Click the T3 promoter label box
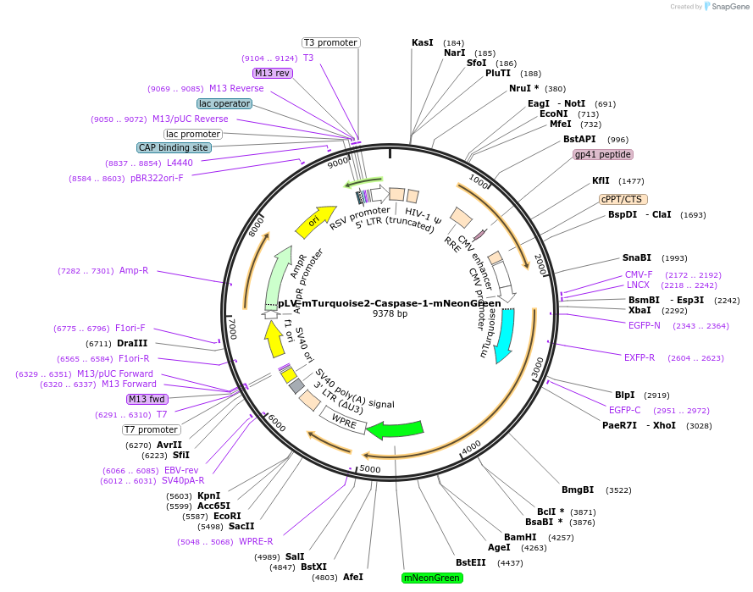(331, 42)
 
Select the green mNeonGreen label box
(433, 578)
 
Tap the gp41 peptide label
(603, 154)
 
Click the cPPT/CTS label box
(623, 199)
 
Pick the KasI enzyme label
(422, 42)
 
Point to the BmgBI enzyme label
(578, 490)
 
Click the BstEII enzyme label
(471, 562)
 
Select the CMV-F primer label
(639, 274)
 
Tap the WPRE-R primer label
(256, 542)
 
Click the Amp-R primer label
(134, 270)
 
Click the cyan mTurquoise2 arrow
(506, 335)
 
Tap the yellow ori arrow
(315, 221)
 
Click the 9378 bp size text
(390, 313)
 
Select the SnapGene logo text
(729, 7)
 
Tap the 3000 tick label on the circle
(537, 369)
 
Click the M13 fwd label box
(147, 399)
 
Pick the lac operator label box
(224, 103)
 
